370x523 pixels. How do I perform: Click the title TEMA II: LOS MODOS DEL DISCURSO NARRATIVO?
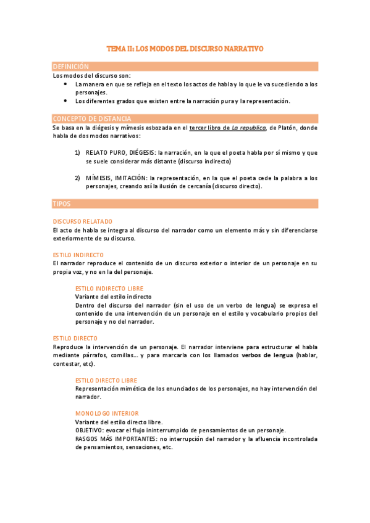(185, 47)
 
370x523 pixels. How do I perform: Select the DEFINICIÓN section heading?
(71, 66)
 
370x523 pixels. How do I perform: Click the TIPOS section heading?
(62, 204)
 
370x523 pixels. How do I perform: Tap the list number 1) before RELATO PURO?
(78, 152)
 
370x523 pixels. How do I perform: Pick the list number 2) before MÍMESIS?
(78, 178)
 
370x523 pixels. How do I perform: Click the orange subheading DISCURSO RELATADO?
(82, 221)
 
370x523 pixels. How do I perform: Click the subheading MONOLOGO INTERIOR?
(98, 413)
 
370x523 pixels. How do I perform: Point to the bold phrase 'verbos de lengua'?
(267, 355)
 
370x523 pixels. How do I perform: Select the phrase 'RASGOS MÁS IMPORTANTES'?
(116, 439)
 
